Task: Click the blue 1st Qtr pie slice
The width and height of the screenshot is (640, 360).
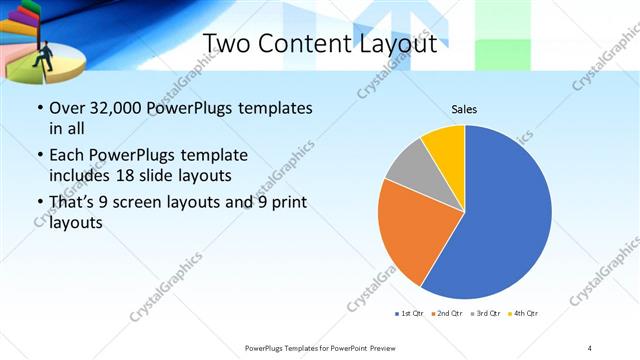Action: point(505,215)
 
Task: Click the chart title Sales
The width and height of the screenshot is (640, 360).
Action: point(464,107)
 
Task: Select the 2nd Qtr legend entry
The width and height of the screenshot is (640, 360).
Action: point(447,314)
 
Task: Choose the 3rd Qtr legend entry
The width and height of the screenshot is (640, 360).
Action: point(486,314)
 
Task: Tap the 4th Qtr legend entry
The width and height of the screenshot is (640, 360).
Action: point(524,314)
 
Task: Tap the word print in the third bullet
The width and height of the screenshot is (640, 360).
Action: point(285,203)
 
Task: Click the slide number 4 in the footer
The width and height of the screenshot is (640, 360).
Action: point(589,347)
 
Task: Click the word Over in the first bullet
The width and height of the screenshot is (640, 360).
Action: point(66,108)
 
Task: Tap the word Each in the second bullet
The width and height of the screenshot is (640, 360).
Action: point(66,155)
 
